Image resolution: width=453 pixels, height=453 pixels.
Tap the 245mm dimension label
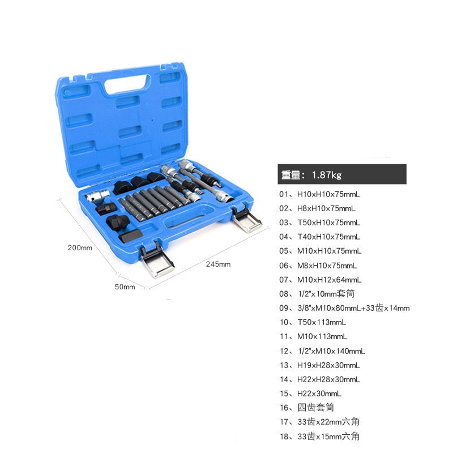tap(218, 264)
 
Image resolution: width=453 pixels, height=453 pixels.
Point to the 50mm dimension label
tap(125, 287)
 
